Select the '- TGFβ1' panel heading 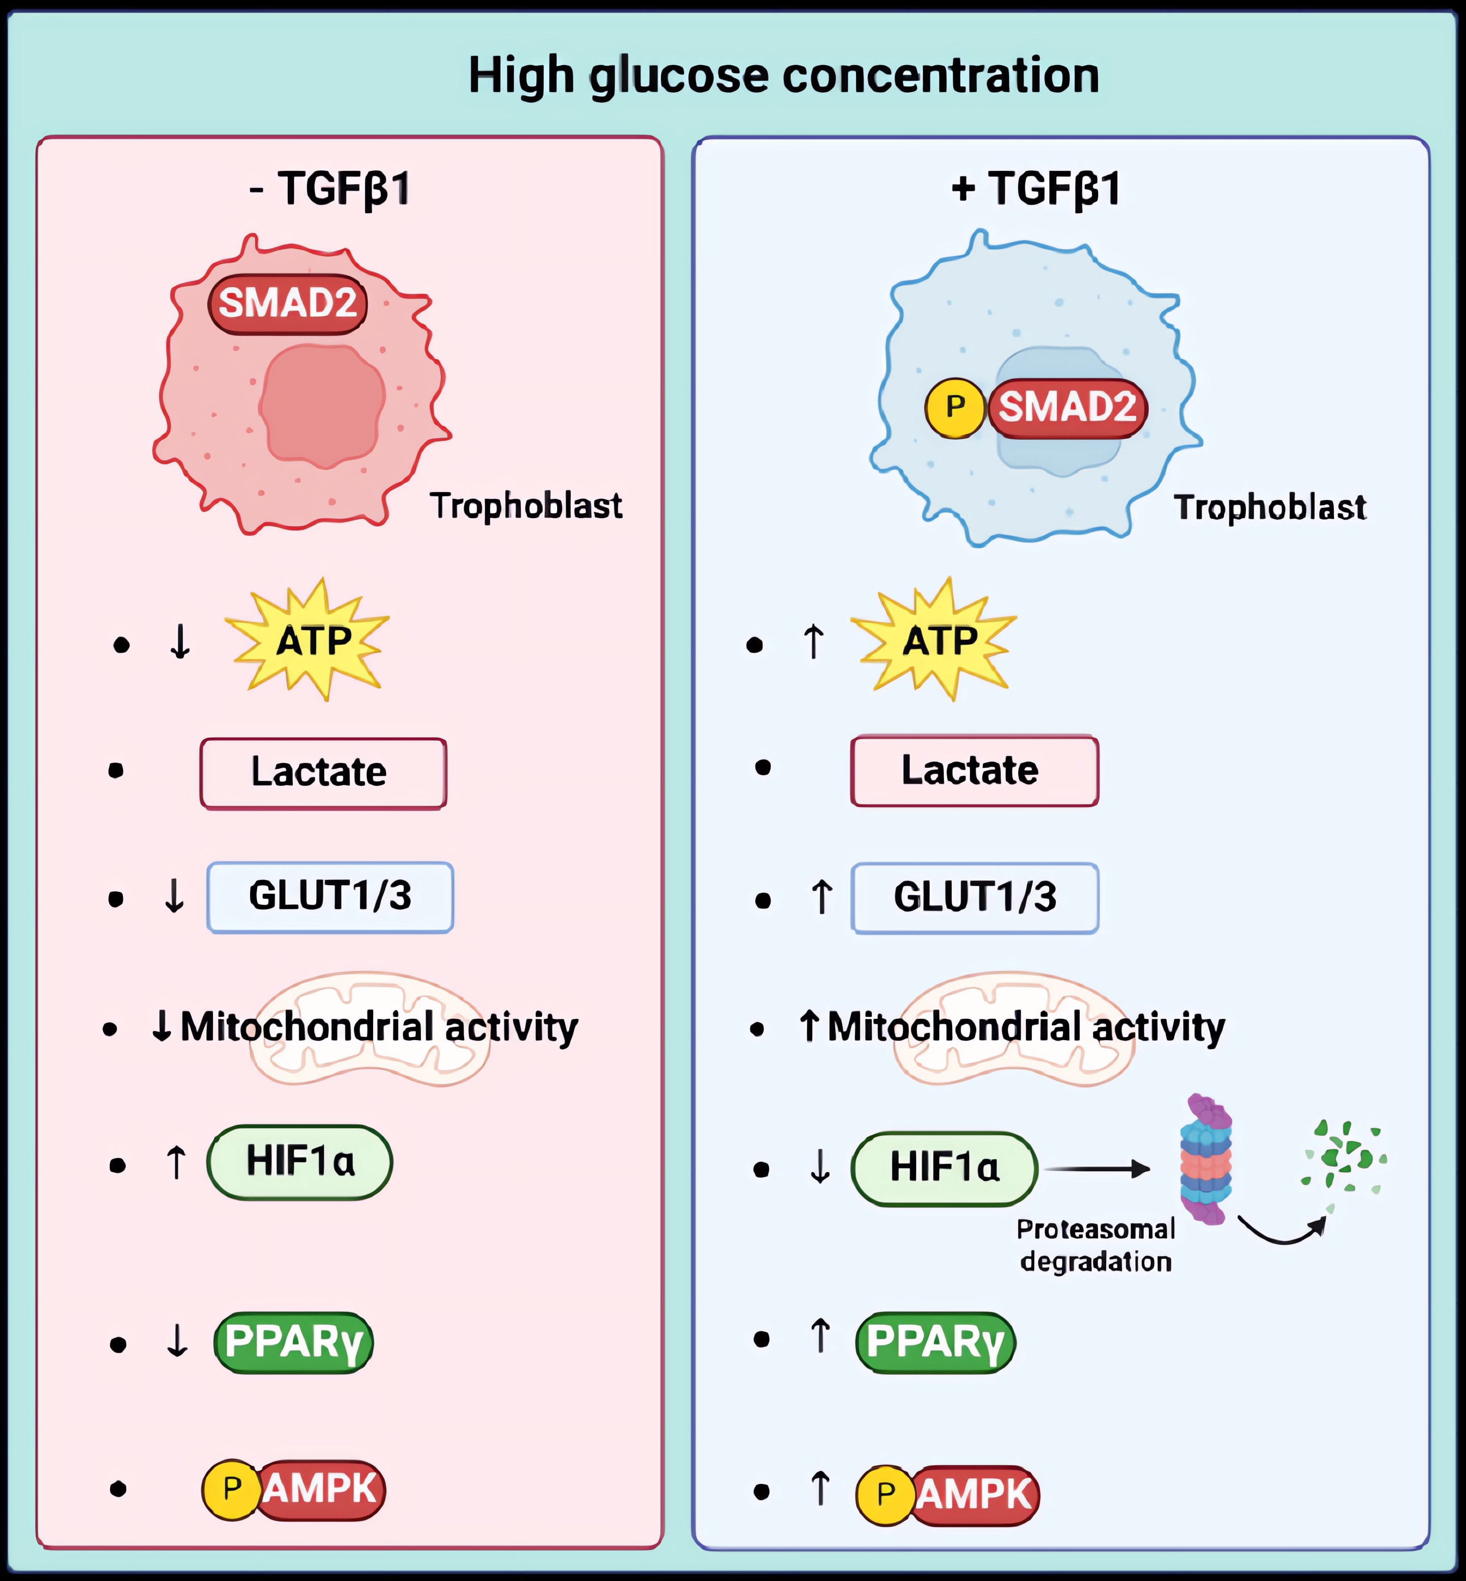click(x=330, y=189)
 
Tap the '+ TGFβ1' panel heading click(x=1036, y=189)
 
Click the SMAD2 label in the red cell click(x=287, y=304)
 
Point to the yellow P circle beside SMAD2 click(x=955, y=408)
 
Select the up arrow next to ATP click(x=813, y=641)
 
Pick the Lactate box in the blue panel click(x=974, y=770)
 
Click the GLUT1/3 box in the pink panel click(x=330, y=896)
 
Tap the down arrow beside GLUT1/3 click(x=174, y=896)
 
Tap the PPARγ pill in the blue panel click(x=935, y=1342)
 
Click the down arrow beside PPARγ click(x=177, y=1342)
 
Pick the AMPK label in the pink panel click(x=320, y=1489)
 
